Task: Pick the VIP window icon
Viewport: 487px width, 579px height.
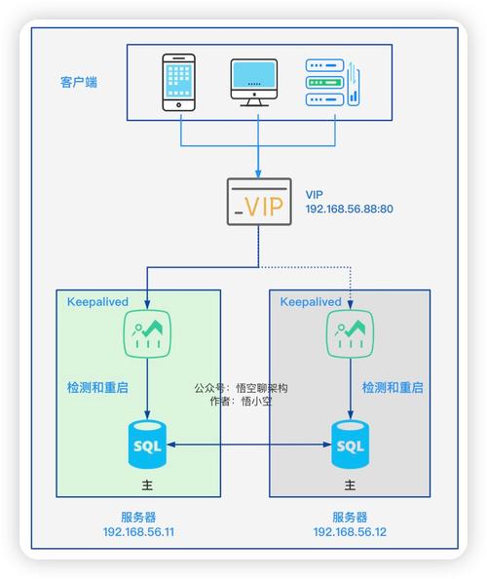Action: [258, 202]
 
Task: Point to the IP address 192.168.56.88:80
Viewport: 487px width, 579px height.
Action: [350, 210]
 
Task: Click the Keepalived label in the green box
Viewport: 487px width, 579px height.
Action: [97, 302]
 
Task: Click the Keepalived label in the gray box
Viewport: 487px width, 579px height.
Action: [311, 302]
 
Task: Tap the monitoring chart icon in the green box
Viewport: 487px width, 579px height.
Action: [146, 336]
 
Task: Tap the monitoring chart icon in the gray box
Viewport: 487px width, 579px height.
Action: [351, 336]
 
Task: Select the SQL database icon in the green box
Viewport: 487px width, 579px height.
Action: [146, 444]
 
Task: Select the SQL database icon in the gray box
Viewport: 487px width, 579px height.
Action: [351, 444]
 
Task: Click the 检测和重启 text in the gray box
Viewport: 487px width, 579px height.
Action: [393, 387]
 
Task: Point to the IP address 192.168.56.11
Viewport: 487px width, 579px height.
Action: [138, 532]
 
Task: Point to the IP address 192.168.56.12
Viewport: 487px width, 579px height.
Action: [350, 532]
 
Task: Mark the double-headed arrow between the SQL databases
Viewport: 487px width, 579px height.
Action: [248, 445]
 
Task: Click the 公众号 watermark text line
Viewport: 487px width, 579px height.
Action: [242, 387]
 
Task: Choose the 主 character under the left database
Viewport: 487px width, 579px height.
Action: [146, 484]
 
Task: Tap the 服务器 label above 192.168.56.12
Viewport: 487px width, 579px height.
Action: [350, 517]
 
